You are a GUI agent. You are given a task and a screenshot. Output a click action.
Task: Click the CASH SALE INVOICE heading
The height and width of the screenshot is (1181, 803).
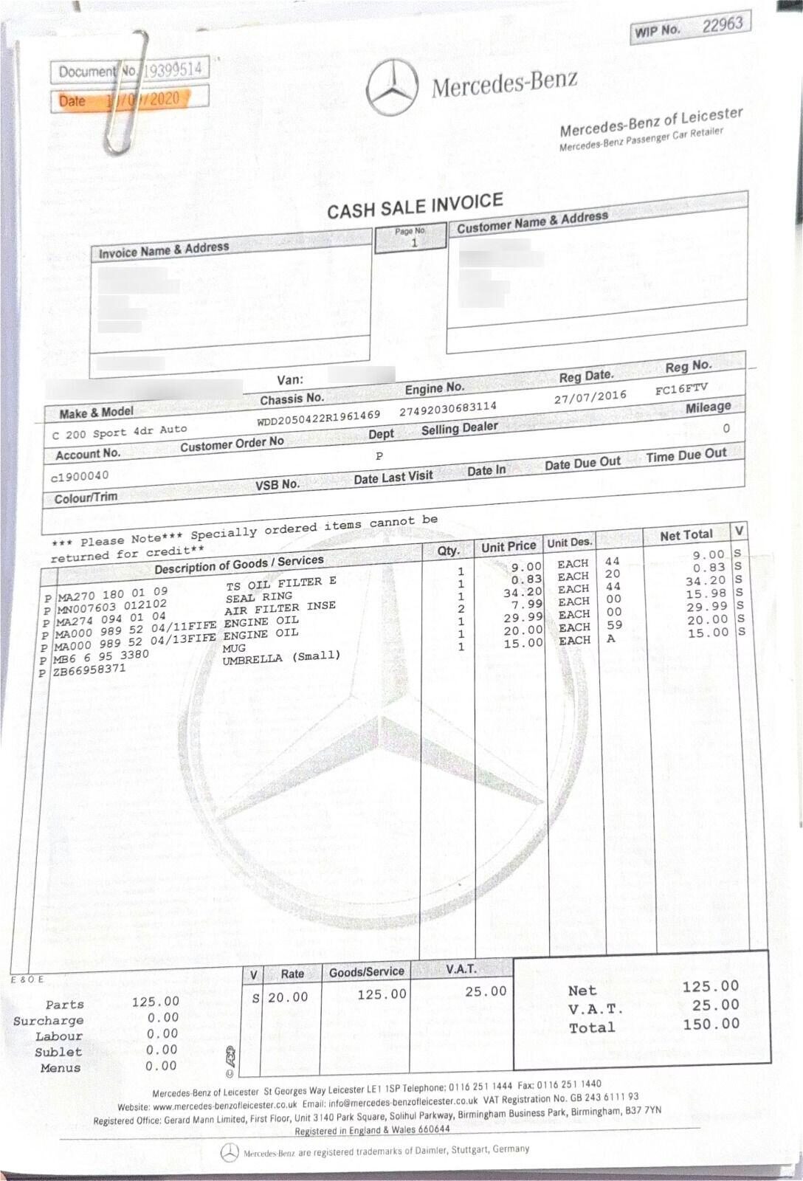tap(415, 206)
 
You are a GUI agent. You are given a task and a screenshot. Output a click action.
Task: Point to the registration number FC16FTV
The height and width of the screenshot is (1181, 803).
tap(680, 388)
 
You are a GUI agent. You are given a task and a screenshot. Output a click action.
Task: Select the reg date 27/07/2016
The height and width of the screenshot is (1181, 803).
tap(590, 397)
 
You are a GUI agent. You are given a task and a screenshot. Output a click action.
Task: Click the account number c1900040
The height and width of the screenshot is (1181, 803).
tap(80, 476)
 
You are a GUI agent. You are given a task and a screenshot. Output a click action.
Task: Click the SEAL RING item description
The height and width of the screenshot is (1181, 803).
tap(258, 596)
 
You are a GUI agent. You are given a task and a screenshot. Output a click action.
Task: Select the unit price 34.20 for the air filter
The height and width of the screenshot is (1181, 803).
tap(523, 592)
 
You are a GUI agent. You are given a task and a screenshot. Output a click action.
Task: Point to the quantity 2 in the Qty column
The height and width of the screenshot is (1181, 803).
tap(461, 609)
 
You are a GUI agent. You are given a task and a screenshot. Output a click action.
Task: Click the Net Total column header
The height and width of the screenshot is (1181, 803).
tap(686, 535)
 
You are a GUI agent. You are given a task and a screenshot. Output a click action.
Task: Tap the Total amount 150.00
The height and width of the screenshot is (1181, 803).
tap(710, 1024)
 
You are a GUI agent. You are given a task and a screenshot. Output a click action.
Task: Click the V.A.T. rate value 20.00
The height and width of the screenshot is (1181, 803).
tap(288, 997)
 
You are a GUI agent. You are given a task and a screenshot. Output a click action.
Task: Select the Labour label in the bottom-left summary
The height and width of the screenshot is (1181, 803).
tap(59, 1036)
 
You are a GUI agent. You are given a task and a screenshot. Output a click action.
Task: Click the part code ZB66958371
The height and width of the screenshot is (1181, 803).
tap(89, 669)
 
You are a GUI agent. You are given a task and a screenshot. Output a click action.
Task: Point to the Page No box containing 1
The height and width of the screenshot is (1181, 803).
tap(410, 238)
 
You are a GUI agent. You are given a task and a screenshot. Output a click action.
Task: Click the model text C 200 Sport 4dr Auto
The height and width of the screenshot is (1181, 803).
tap(120, 432)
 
